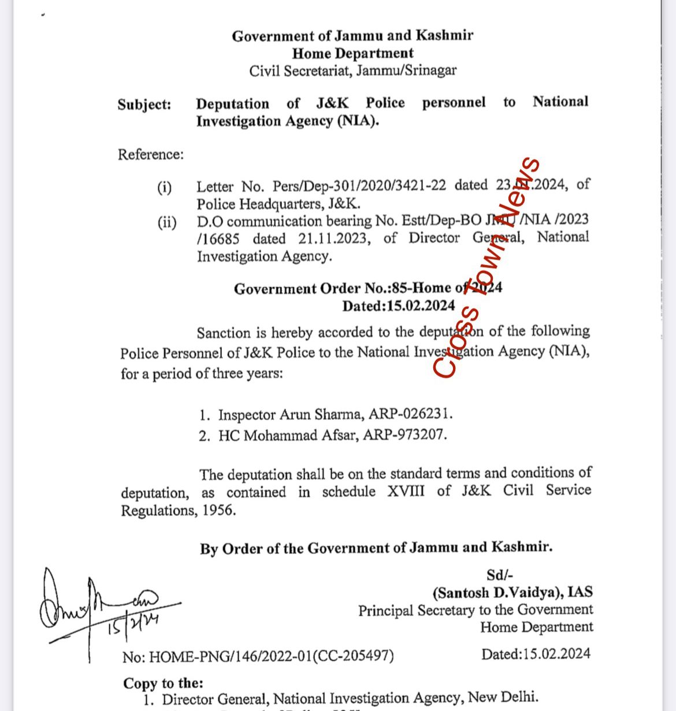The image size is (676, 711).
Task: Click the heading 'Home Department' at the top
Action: pos(352,54)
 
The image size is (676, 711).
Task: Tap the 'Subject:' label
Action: pos(144,105)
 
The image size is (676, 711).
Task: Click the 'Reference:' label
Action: pos(151,154)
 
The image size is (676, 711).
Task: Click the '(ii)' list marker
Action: pos(167,223)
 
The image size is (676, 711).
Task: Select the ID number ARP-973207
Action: pos(404,435)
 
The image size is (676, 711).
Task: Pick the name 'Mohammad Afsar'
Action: pos(300,435)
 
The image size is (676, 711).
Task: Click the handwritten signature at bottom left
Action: pos(98,606)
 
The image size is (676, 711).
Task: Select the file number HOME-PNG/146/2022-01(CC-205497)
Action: pos(272,657)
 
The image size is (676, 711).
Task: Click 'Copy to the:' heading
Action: pos(163,683)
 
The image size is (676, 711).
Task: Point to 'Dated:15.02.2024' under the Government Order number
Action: pos(398,306)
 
